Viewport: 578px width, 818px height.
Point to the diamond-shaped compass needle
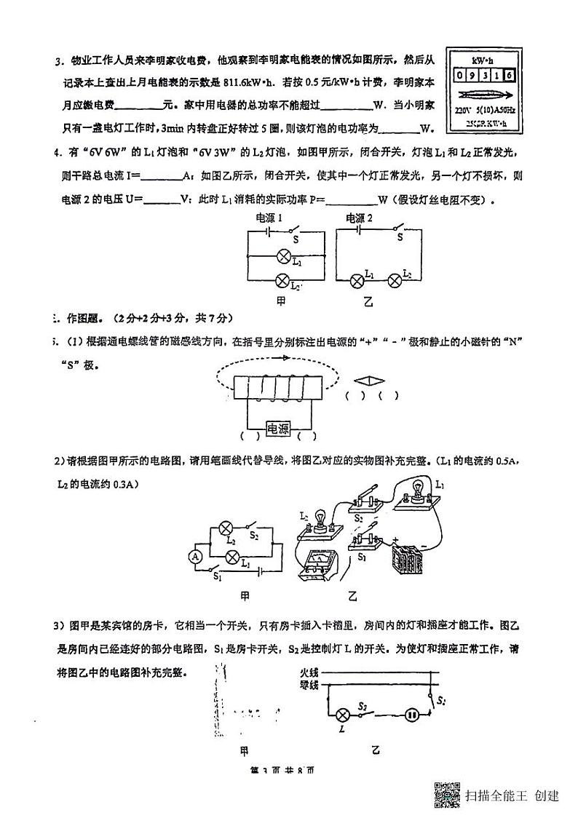[x=369, y=380]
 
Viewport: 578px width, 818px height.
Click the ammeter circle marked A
[x=195, y=557]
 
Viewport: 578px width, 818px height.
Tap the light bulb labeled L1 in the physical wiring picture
[x=418, y=489]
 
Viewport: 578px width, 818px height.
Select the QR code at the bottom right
[x=448, y=795]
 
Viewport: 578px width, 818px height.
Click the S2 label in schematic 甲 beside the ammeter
[x=254, y=535]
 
